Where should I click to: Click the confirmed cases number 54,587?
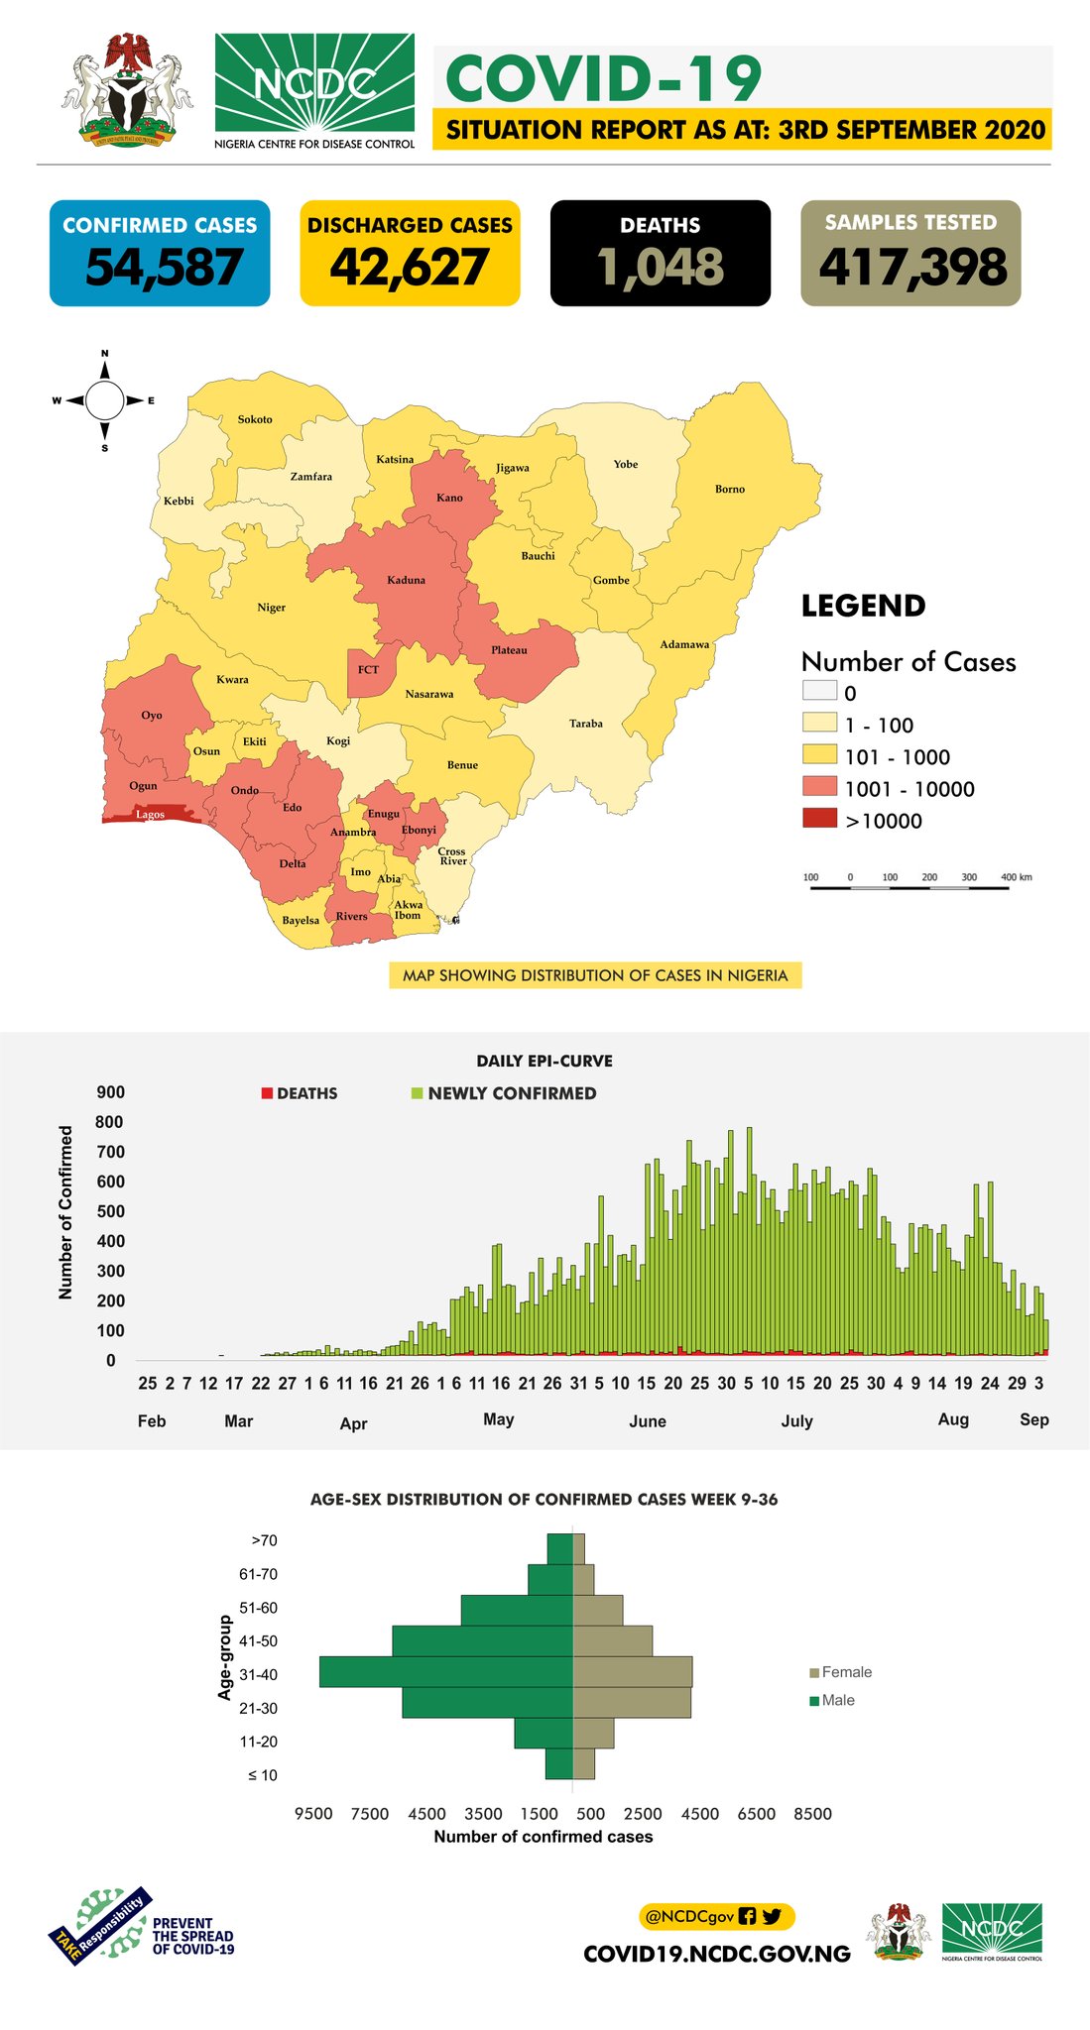164,268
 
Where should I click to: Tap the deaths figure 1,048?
661,268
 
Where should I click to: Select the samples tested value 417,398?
912,268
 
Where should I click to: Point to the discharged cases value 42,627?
410,268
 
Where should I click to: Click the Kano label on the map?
449,498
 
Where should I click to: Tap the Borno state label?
730,489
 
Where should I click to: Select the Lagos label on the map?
150,815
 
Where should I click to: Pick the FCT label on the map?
368,670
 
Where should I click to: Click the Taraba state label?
586,724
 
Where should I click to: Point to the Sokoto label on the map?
255,419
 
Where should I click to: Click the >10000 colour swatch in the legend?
819,820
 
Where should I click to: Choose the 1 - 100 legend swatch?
819,724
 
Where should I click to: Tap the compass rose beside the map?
104,400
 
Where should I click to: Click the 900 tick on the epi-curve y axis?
110,1092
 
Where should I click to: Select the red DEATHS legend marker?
267,1093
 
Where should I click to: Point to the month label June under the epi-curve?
648,1421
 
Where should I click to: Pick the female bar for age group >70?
579,1548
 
